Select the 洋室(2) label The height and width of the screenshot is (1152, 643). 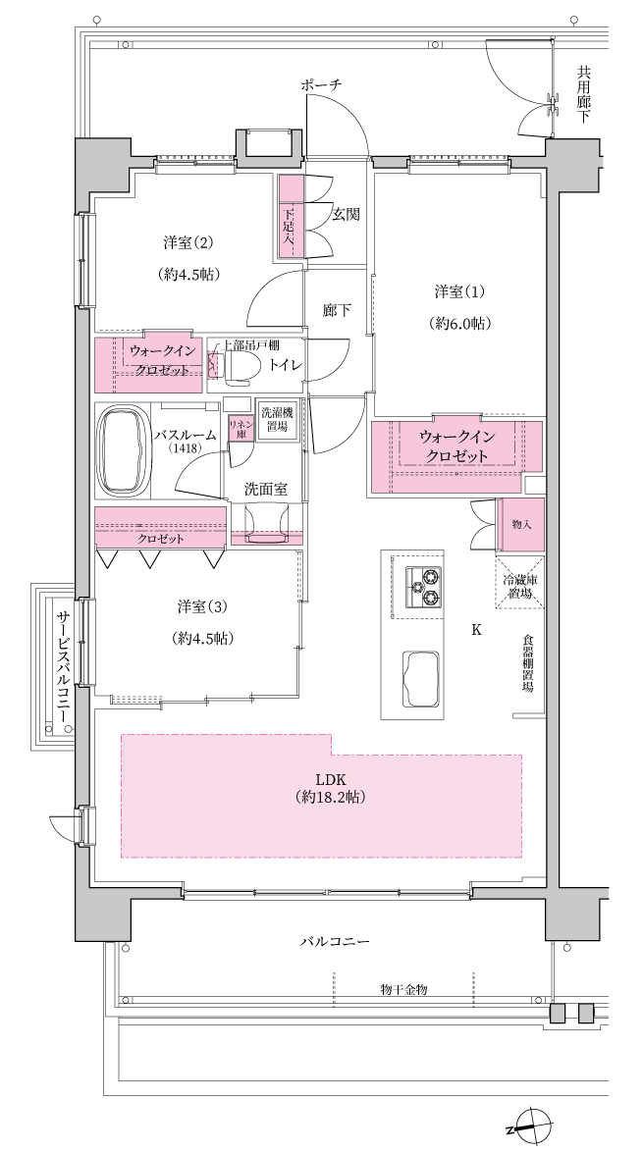pyautogui.click(x=188, y=241)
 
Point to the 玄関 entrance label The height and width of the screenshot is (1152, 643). pyautogui.click(x=346, y=215)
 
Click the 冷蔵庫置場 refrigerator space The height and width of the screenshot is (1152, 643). pyautogui.click(x=520, y=583)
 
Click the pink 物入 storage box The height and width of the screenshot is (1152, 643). pyautogui.click(x=521, y=525)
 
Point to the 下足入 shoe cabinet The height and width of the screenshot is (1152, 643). pyautogui.click(x=290, y=218)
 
